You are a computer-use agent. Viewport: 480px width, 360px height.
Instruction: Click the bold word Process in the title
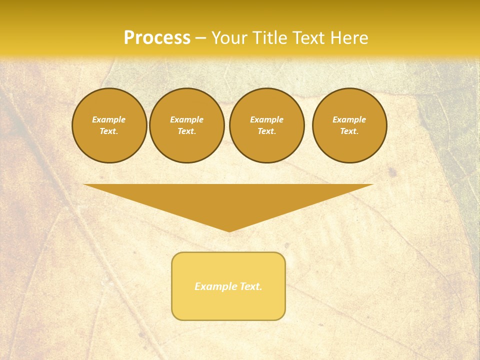[157, 38]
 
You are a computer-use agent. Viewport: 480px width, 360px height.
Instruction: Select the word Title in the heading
[272, 38]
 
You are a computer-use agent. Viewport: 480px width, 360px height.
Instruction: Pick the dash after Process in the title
[200, 38]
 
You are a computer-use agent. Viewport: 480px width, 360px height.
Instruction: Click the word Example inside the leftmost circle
[109, 119]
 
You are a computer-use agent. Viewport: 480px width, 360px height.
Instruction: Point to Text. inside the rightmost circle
[349, 131]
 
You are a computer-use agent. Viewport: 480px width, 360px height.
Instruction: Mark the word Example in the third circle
[266, 119]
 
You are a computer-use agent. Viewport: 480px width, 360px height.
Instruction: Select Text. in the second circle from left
[186, 131]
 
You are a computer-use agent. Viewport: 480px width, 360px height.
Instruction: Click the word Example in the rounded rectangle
[215, 286]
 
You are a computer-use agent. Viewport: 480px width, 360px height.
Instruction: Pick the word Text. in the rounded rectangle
[250, 286]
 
